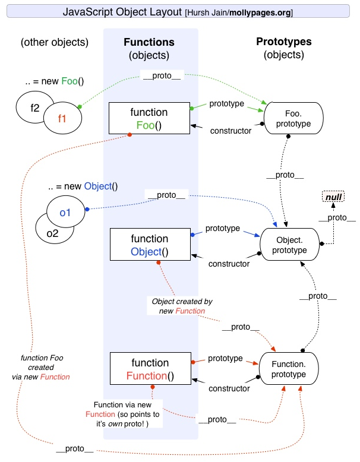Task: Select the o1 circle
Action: [65, 212]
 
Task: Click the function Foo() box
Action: [149, 119]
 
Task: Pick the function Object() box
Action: [149, 245]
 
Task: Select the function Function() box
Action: [149, 369]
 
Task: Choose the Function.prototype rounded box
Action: [288, 369]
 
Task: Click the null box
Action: [333, 197]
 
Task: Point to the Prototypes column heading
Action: [283, 42]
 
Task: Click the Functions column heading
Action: [149, 42]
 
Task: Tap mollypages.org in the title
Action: [260, 12]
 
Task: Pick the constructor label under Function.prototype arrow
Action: [229, 388]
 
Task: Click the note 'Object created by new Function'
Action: [182, 306]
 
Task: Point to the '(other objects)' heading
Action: [54, 42]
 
